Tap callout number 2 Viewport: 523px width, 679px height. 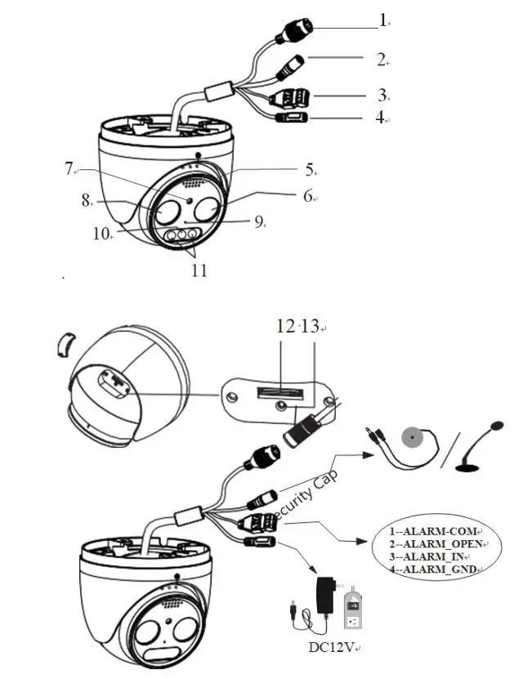tap(381, 59)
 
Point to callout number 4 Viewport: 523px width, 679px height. tap(380, 117)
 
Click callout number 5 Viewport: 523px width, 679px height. tap(310, 170)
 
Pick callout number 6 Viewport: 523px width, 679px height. tap(308, 196)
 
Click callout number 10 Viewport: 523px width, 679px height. tap(101, 234)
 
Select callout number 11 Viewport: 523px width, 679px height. tap(199, 271)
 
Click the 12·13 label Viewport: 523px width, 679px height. tap(296, 327)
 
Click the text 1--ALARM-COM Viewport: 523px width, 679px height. tap(429, 530)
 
